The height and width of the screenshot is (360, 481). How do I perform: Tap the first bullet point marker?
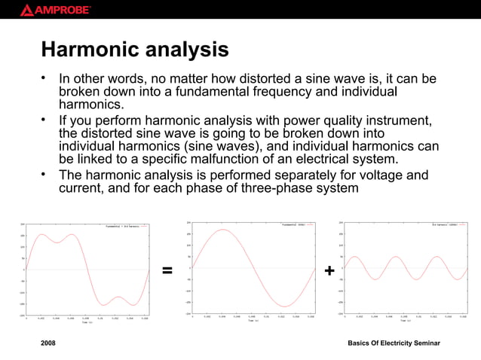(45, 78)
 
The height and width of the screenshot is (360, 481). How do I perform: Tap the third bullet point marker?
(45, 175)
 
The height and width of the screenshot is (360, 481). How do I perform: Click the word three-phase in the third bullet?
(286, 188)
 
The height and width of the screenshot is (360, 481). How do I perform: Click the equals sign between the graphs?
(167, 270)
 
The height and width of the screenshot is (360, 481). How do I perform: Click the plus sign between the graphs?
(329, 270)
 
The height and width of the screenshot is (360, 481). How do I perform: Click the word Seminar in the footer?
(424, 343)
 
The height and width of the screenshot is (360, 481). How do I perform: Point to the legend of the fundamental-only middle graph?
(296, 224)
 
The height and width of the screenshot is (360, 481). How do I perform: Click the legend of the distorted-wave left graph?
(124, 225)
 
